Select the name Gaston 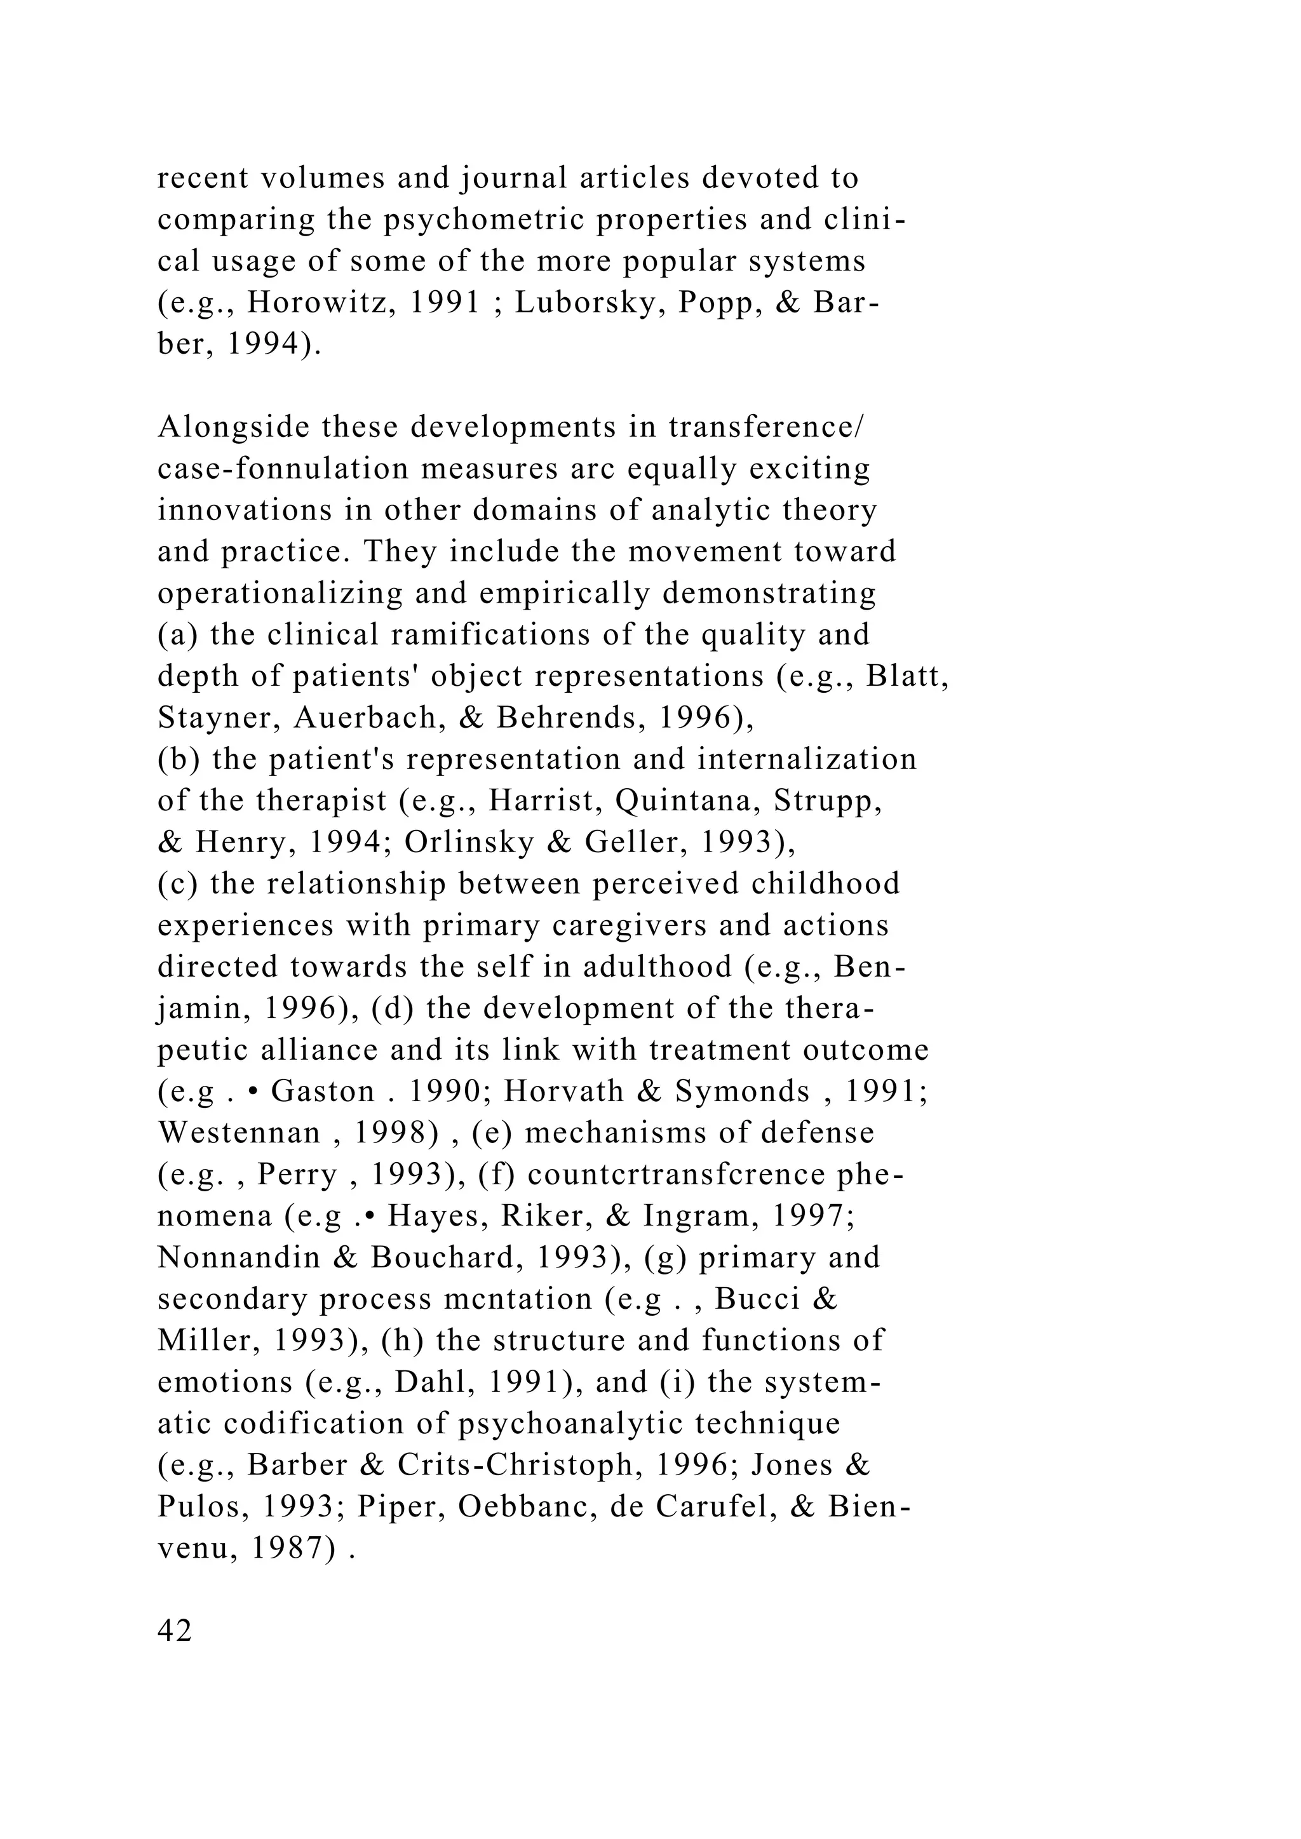point(323,1092)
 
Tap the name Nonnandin point(239,1259)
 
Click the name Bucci point(757,1300)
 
